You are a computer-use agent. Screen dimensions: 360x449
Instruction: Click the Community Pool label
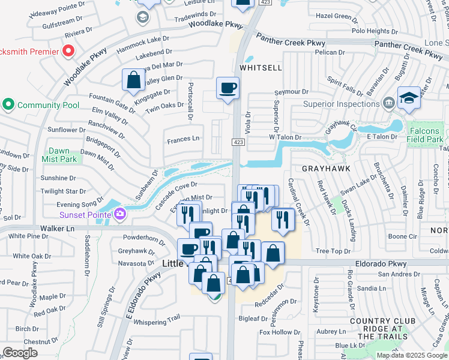48,105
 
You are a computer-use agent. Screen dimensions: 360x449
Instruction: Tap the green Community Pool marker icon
8,105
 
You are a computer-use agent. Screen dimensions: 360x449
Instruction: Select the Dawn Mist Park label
59,155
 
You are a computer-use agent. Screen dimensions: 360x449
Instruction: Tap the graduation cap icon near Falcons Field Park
409,98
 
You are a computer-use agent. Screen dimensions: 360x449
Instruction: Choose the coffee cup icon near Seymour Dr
228,89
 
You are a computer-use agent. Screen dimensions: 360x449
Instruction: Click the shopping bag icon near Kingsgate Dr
133,80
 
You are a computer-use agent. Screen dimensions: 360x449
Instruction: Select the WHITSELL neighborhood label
261,68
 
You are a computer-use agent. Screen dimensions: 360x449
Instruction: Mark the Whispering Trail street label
157,322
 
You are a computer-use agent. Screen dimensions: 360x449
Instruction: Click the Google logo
20,353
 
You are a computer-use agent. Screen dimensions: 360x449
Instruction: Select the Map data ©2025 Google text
412,355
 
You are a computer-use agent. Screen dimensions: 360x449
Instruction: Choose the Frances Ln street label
183,139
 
